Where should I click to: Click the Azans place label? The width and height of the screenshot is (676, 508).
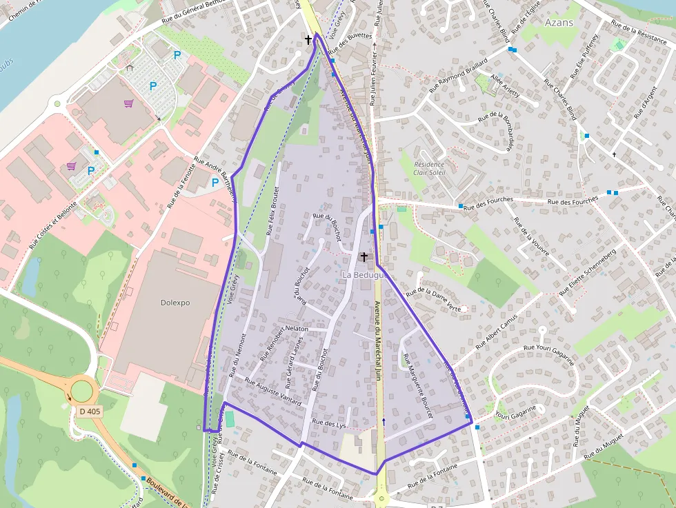[559, 23]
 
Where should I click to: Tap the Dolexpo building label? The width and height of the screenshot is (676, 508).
[175, 303]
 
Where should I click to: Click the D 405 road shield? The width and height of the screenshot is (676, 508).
[90, 412]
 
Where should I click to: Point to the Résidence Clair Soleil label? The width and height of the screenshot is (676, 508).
[430, 169]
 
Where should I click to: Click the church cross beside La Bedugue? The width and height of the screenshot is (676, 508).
[364, 256]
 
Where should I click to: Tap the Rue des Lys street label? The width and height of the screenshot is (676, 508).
[328, 423]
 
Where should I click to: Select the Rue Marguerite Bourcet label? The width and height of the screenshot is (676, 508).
[417, 385]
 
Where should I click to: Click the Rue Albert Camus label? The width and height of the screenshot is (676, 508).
[491, 331]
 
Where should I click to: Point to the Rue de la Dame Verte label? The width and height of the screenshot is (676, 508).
[433, 298]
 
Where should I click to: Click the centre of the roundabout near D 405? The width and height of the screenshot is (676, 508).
[81, 391]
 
